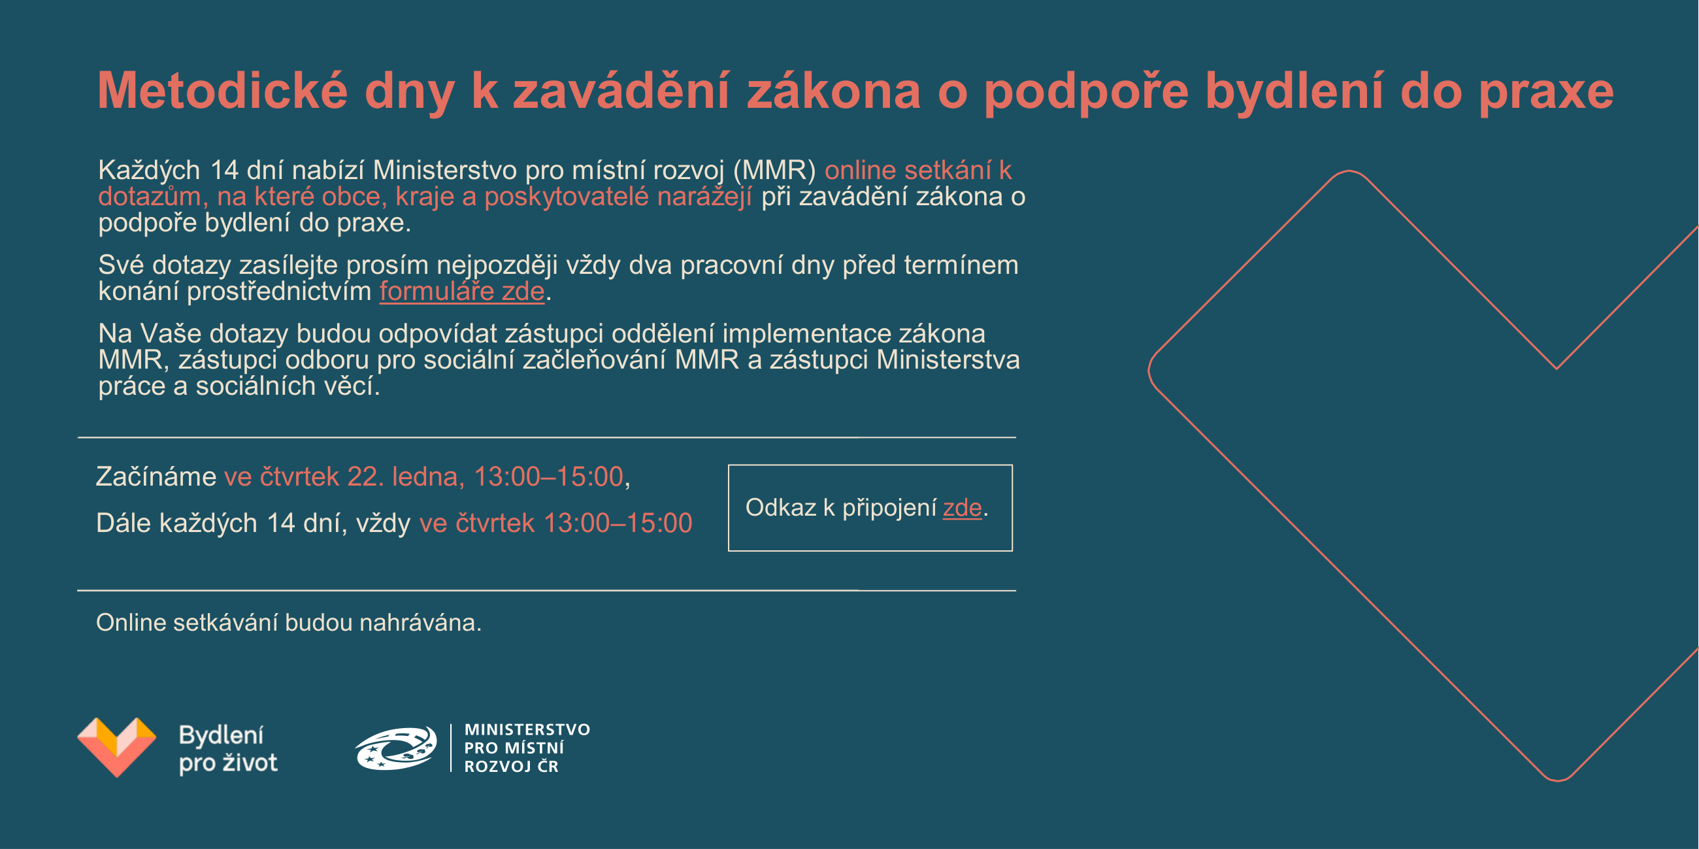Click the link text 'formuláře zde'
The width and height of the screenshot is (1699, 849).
463,291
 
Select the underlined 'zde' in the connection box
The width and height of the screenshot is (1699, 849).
963,507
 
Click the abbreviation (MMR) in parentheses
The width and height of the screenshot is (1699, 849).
775,171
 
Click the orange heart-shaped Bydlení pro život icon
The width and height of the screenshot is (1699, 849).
117,747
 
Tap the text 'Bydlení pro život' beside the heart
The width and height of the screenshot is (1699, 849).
228,749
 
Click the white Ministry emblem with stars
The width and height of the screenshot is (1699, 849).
397,748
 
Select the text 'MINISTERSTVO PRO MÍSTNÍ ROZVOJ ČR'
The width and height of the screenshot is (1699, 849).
527,748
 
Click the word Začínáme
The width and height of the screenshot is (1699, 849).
156,476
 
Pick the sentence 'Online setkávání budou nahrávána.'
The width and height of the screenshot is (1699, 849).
289,623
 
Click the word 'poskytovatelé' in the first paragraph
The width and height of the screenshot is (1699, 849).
567,197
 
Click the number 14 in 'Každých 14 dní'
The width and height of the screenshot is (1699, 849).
224,171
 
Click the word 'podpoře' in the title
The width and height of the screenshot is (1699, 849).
1086,92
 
